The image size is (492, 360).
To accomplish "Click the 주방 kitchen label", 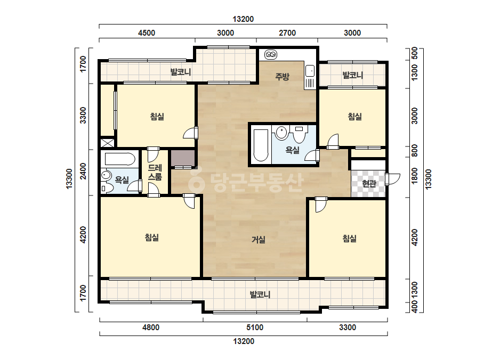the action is pos(282,76).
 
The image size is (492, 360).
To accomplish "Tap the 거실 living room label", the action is pos(259,240).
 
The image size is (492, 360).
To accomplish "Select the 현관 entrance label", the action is pos(369,183).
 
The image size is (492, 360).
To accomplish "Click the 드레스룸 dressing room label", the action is pos(155,173).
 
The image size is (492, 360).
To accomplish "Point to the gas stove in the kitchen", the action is pos(270,54).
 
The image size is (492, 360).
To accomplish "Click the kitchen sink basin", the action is pos(310,70).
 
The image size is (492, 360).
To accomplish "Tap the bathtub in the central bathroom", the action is pos(261,145).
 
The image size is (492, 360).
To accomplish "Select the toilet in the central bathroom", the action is pos(300,133).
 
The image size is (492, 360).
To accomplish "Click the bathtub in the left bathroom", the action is pos(119,159).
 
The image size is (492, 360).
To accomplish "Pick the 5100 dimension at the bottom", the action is pos(255,328).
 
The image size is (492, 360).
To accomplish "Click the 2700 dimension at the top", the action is pos(287,33).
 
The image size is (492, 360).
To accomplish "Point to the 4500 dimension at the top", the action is pos(147,33).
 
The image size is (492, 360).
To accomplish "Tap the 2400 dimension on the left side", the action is pos(83,171).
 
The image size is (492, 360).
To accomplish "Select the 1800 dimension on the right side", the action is pos(415,176).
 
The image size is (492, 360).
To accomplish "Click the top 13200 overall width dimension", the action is pos(243,19).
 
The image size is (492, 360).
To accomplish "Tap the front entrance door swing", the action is pos(393,179).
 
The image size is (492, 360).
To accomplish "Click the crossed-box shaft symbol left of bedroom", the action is pos(107,143).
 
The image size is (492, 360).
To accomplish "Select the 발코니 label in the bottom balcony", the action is pos(260,294).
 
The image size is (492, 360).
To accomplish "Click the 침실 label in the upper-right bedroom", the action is pos(355,117).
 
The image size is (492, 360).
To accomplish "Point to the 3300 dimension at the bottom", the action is pos(348,328).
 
